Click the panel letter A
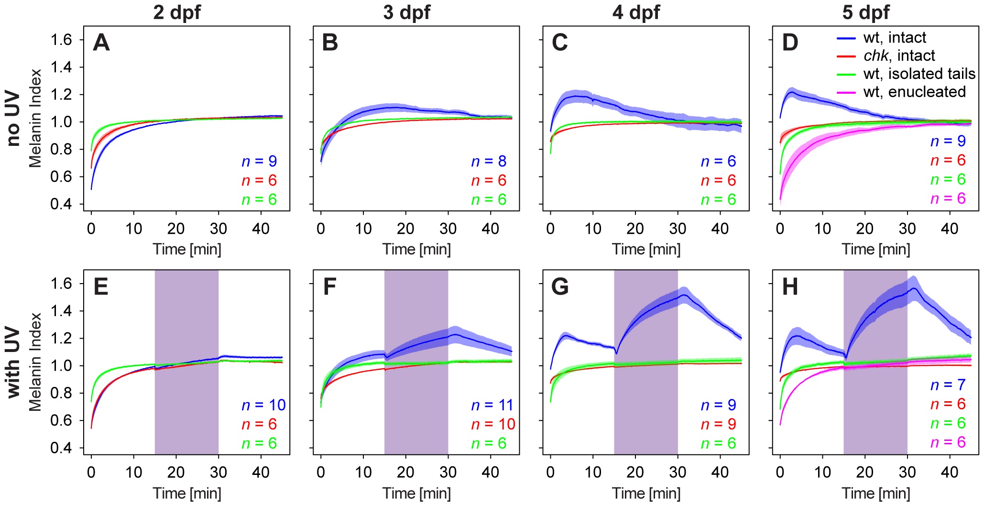[101, 43]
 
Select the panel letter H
[790, 287]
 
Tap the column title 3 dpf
[406, 12]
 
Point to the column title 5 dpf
[866, 12]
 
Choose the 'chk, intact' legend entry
[899, 55]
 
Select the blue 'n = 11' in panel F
[492, 405]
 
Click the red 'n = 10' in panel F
[493, 424]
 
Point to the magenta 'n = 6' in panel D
[948, 198]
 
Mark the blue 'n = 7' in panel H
[948, 385]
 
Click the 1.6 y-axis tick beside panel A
[61, 40]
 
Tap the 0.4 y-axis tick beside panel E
[61, 448]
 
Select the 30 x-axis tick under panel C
[678, 229]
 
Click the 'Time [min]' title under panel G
[646, 493]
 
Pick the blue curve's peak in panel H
[914, 288]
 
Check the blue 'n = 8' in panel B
[489, 161]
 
